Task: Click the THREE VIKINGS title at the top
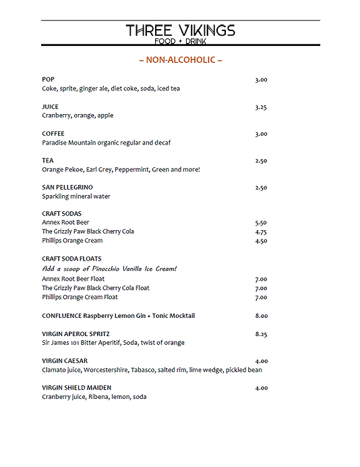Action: click(x=180, y=30)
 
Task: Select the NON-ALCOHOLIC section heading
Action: click(x=180, y=60)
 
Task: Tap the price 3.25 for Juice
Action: click(x=261, y=107)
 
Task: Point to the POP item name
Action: click(x=48, y=80)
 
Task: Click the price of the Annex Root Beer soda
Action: click(x=261, y=222)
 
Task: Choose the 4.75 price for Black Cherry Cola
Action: click(x=261, y=231)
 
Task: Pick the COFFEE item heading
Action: click(x=53, y=134)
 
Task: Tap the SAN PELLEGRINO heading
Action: click(x=67, y=187)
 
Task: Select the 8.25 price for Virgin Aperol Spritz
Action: click(x=261, y=333)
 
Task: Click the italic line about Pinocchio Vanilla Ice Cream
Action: click(x=109, y=269)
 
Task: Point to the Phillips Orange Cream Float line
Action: click(x=80, y=297)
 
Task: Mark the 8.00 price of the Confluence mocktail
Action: click(x=261, y=315)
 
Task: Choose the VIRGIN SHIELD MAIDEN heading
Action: click(x=76, y=387)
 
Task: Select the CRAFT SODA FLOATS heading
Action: click(x=71, y=258)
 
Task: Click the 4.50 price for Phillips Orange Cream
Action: click(x=261, y=241)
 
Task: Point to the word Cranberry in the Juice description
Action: click(x=57, y=115)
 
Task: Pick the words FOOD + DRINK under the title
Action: click(x=180, y=42)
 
